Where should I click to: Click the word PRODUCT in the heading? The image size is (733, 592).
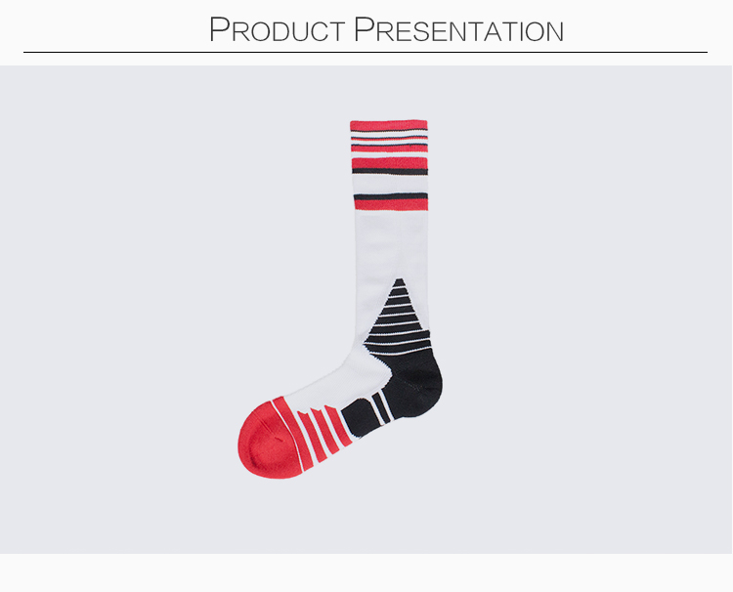277,30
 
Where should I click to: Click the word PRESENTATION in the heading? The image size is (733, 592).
458,30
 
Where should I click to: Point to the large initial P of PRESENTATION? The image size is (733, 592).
364,29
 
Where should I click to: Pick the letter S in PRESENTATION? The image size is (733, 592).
420,32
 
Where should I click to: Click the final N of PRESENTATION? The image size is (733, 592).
554,32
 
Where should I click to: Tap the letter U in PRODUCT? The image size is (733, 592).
302,32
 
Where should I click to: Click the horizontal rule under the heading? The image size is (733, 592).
366,53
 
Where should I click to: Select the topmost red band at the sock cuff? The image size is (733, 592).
388,125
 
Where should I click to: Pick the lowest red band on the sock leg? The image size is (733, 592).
391,204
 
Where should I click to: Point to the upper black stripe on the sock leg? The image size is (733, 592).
390,172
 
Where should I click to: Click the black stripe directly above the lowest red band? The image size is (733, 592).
391,195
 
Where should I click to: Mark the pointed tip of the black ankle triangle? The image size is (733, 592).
399,279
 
